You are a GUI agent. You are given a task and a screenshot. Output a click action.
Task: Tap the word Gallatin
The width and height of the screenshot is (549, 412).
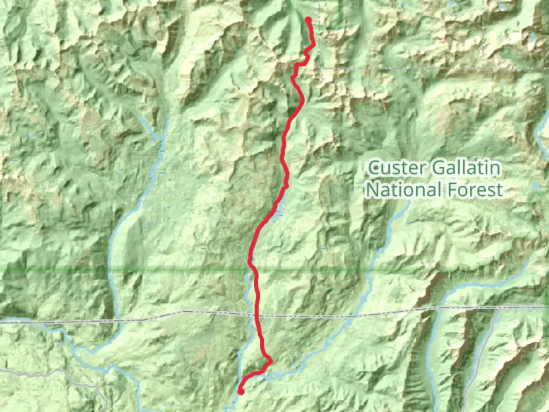coord(466,168)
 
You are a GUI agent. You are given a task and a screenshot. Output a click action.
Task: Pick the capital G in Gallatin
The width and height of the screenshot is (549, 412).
coord(438,168)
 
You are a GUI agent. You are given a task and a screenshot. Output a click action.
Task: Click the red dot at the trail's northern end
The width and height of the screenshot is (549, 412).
coord(308,20)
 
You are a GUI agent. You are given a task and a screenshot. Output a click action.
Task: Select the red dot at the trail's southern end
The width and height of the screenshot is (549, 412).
coord(241,391)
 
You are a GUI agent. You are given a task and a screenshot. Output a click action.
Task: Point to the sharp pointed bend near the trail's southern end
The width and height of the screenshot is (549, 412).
coord(271,361)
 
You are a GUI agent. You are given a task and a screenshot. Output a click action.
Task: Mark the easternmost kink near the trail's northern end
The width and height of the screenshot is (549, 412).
coord(314,46)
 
